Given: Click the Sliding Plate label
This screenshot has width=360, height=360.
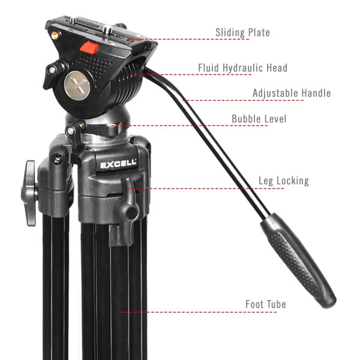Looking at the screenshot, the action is (242, 32).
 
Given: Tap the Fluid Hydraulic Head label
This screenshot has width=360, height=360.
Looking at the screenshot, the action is (242, 68).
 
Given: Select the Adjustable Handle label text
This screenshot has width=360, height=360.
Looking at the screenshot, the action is (292, 93).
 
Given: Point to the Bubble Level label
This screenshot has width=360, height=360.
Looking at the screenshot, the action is (259, 119).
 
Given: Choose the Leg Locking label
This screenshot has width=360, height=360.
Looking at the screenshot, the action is (284, 181).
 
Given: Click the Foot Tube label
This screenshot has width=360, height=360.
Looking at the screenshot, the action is (266, 304).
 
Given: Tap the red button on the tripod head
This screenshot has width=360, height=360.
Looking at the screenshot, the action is (89, 48).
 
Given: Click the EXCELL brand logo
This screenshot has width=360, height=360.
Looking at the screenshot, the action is (118, 164).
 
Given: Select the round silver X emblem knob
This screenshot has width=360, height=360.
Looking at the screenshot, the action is (76, 85).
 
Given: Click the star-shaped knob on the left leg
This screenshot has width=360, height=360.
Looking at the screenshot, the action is (29, 193).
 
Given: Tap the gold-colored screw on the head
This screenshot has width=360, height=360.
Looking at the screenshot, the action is (55, 35).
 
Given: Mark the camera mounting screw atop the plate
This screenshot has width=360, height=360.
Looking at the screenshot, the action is (107, 30).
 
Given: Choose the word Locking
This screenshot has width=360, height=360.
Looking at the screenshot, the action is (293, 181).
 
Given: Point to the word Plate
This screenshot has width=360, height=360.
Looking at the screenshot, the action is (259, 32).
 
